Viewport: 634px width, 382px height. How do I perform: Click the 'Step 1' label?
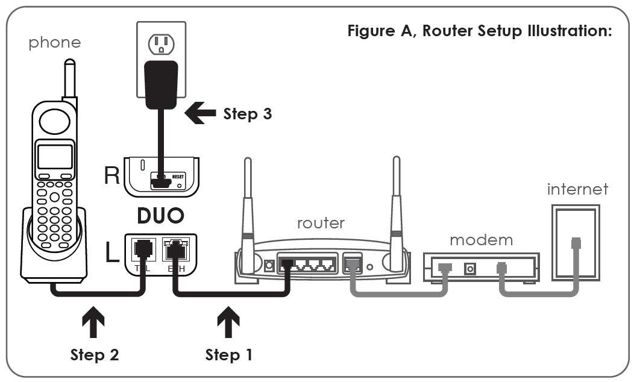click(x=228, y=355)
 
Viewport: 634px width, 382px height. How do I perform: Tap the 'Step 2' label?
click(x=95, y=355)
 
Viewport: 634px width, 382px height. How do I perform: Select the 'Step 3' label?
click(x=247, y=114)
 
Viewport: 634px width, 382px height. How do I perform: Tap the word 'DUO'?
click(x=161, y=215)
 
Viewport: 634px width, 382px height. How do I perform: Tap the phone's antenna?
click(x=71, y=78)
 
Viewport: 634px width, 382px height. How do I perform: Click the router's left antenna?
click(x=246, y=205)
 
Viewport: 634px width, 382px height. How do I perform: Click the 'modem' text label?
click(x=481, y=239)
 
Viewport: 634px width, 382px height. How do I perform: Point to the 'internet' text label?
click(x=577, y=189)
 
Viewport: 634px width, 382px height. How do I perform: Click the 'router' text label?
click(x=321, y=222)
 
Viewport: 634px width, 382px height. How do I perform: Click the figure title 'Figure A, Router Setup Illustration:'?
click(x=480, y=31)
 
